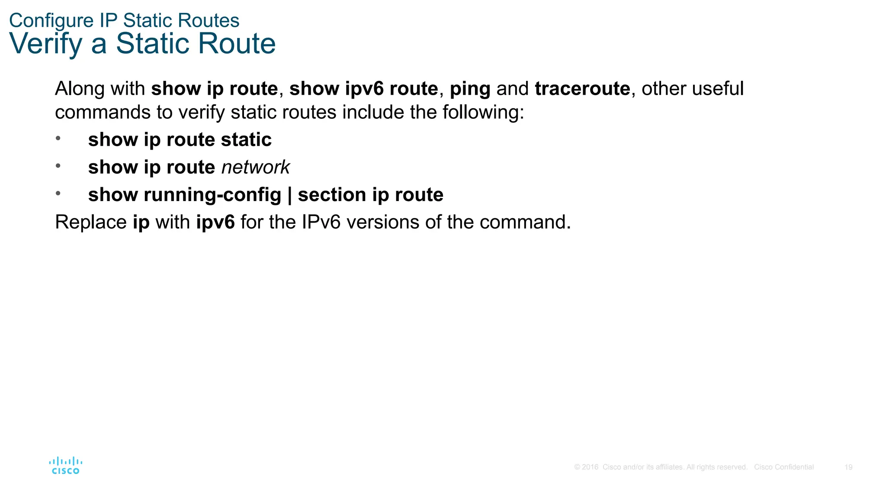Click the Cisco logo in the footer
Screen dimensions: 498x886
(65, 466)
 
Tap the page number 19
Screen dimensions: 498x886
(848, 467)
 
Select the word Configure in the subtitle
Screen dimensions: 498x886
(51, 21)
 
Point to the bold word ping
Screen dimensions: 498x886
(470, 89)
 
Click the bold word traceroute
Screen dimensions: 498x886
(582, 89)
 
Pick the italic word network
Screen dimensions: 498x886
(255, 167)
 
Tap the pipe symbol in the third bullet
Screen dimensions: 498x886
(289, 195)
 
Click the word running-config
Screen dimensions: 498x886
(212, 195)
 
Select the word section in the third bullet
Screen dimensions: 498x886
(331, 195)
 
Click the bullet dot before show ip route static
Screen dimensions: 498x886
(58, 138)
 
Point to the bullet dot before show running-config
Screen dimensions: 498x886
(58, 193)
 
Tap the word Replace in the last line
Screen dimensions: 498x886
(91, 222)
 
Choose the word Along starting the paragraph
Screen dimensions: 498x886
(80, 89)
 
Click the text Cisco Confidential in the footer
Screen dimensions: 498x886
(783, 467)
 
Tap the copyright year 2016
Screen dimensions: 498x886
(590, 467)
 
